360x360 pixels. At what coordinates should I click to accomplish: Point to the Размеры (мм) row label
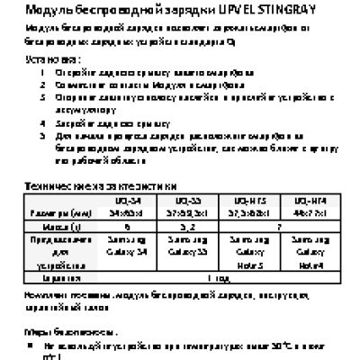click(55, 213)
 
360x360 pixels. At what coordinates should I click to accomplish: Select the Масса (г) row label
click(55, 227)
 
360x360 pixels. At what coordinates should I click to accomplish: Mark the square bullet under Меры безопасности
click(33, 345)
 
